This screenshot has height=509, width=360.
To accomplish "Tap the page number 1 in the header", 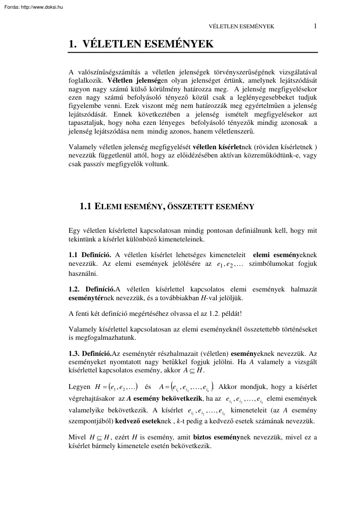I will click(x=315, y=26).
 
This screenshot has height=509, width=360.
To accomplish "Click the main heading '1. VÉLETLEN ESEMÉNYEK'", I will click(x=141, y=44).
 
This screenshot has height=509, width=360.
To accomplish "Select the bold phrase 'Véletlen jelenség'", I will click(x=133, y=80).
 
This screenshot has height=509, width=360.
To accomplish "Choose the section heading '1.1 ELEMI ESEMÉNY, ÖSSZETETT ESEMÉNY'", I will click(x=167, y=207).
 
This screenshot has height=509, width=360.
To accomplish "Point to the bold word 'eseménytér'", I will click(x=86, y=298).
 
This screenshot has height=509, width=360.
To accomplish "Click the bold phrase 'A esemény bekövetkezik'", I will click(x=159, y=398).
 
